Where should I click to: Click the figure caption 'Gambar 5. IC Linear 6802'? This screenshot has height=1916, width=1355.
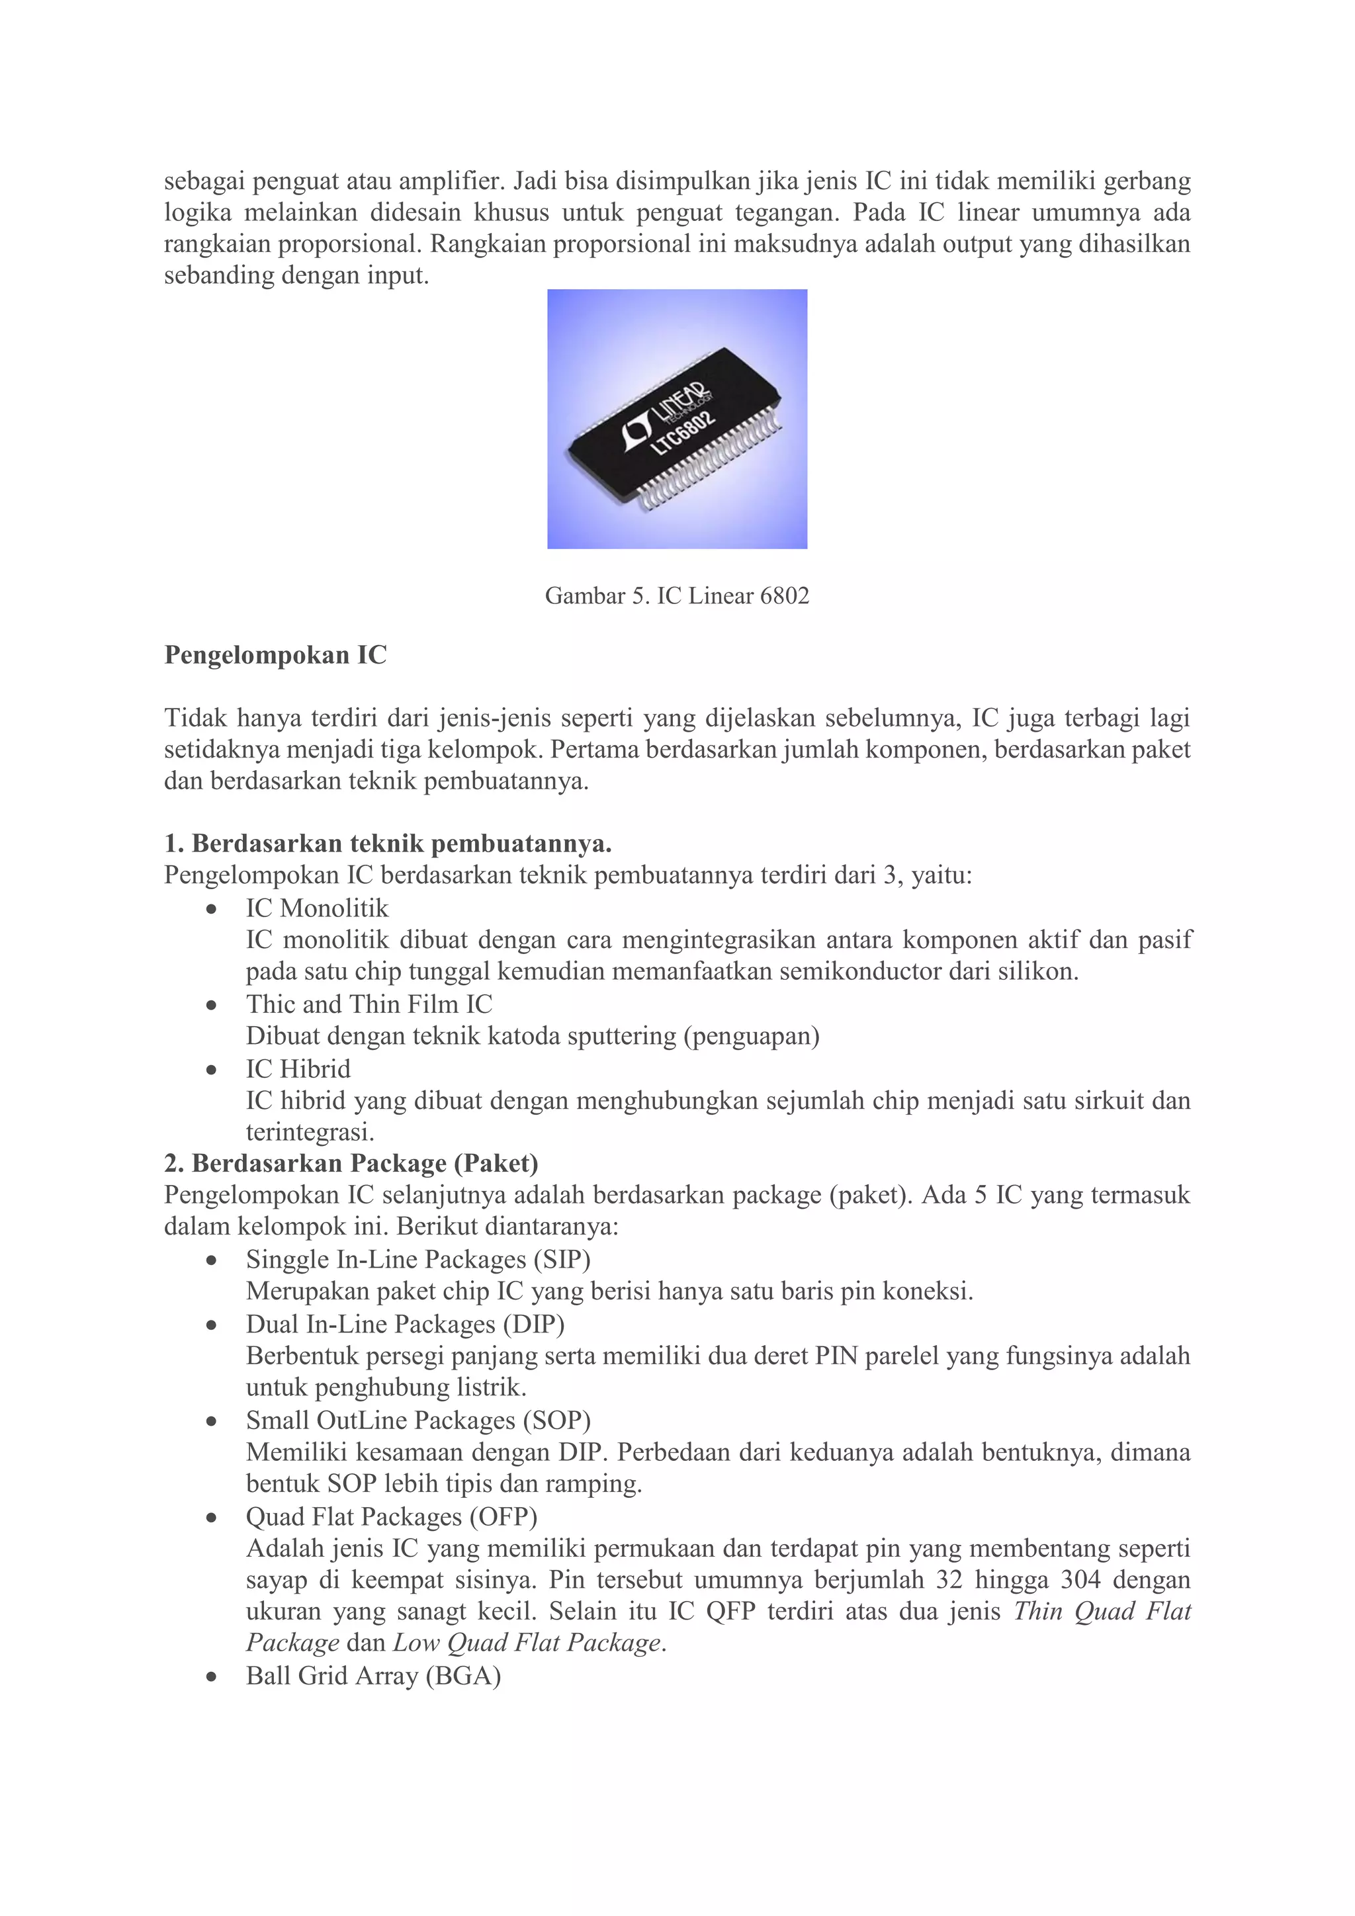pyautogui.click(x=677, y=596)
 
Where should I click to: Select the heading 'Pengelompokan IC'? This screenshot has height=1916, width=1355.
pyautogui.click(x=275, y=655)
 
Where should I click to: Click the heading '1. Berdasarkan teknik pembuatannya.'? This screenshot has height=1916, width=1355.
pyautogui.click(x=388, y=844)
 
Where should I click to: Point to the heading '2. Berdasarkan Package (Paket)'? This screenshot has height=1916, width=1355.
pyautogui.click(x=351, y=1163)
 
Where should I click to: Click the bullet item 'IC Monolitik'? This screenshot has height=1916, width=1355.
pyautogui.click(x=317, y=908)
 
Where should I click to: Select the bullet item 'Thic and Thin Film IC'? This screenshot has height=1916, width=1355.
pyautogui.click(x=369, y=1004)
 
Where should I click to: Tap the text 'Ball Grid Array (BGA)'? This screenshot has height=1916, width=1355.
pyautogui.click(x=373, y=1676)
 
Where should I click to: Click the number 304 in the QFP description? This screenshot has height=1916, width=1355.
pyautogui.click(x=1080, y=1580)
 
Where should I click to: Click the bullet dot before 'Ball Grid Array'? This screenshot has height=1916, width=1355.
pyautogui.click(x=212, y=1676)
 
